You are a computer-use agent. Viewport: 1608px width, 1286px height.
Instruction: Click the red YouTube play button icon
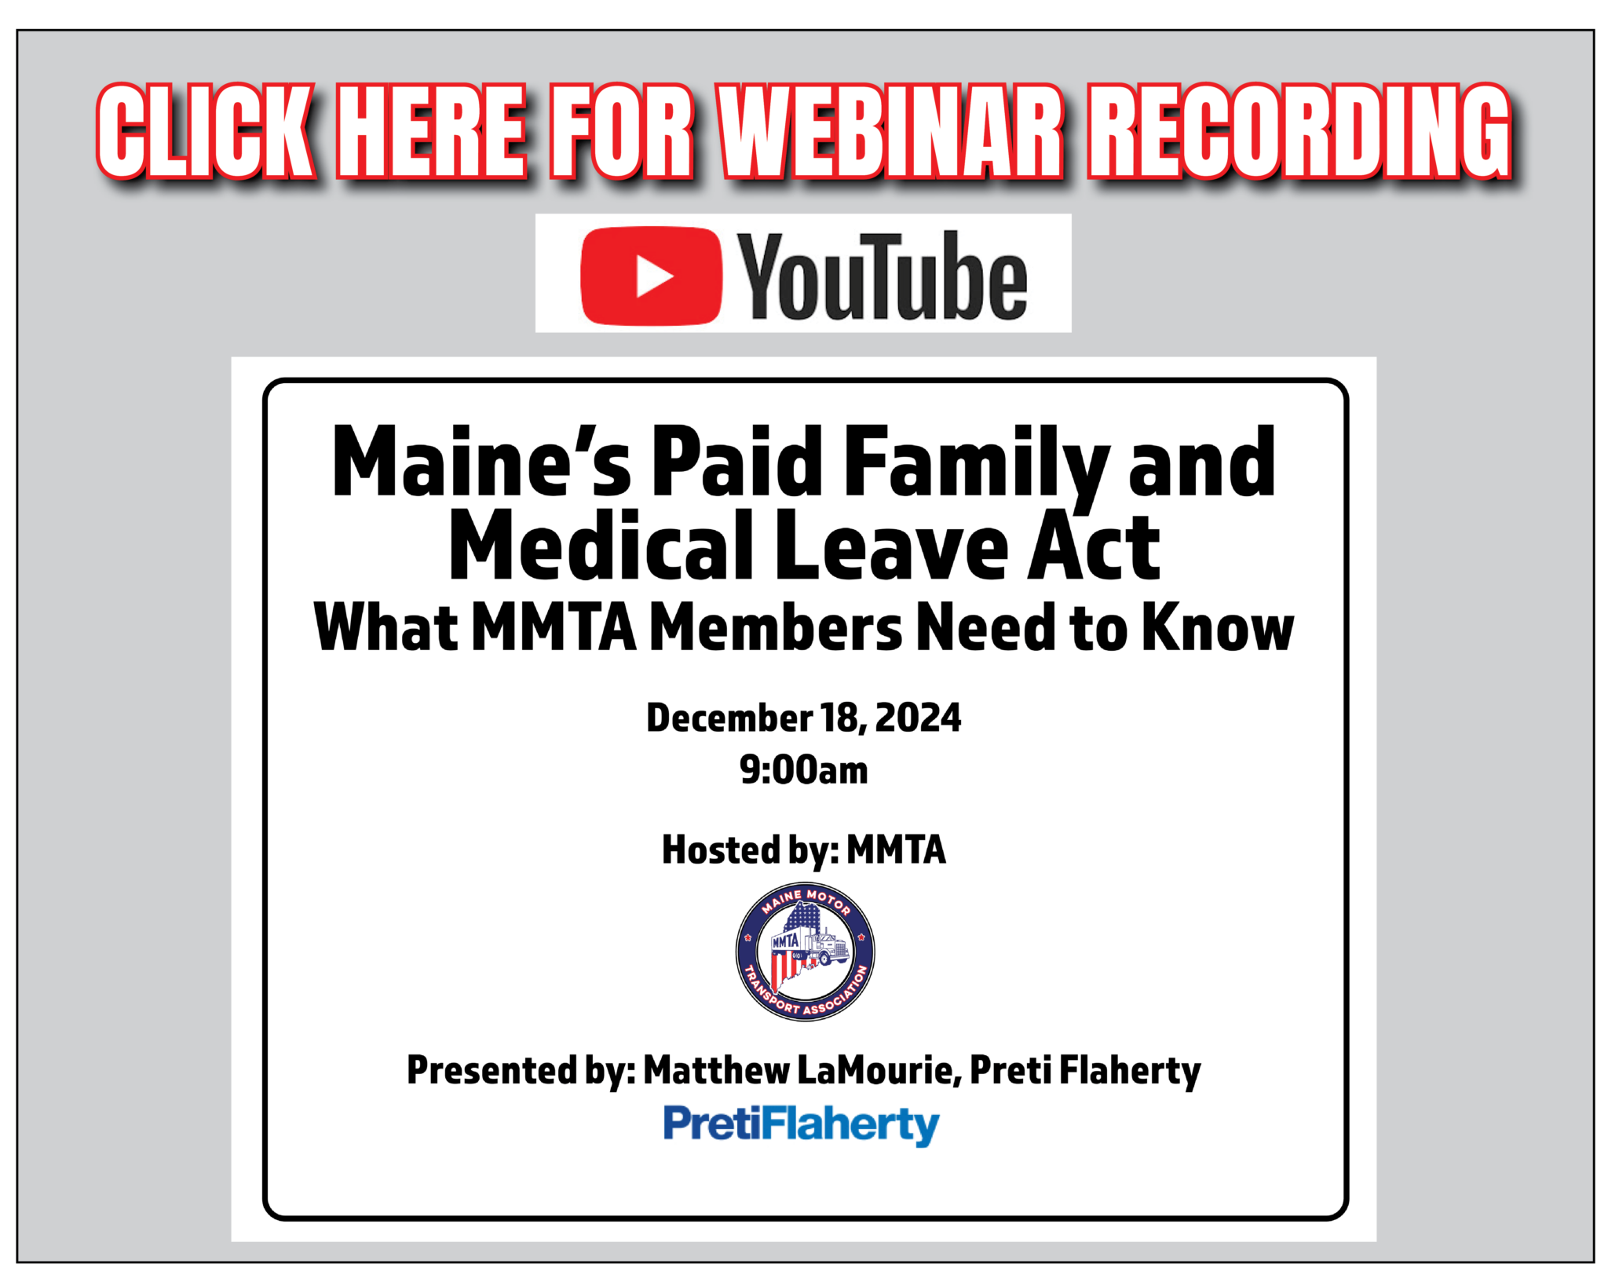[650, 276]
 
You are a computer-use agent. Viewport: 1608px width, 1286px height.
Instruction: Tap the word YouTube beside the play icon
[883, 276]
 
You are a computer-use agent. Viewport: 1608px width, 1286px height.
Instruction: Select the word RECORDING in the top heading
[1299, 131]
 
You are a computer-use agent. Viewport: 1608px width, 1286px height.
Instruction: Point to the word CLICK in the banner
[206, 131]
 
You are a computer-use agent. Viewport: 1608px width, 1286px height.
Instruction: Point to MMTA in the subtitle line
[554, 628]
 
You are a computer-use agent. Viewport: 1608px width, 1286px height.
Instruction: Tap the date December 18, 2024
[803, 718]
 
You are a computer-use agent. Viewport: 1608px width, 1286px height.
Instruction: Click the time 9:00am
[803, 770]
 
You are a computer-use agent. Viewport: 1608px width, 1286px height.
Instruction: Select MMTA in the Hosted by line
[896, 850]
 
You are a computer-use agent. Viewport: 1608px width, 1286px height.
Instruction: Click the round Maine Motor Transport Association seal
[805, 952]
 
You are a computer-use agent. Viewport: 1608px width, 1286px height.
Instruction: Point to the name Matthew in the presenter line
[716, 1070]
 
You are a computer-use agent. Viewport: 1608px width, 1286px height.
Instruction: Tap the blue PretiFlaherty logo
[802, 1124]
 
